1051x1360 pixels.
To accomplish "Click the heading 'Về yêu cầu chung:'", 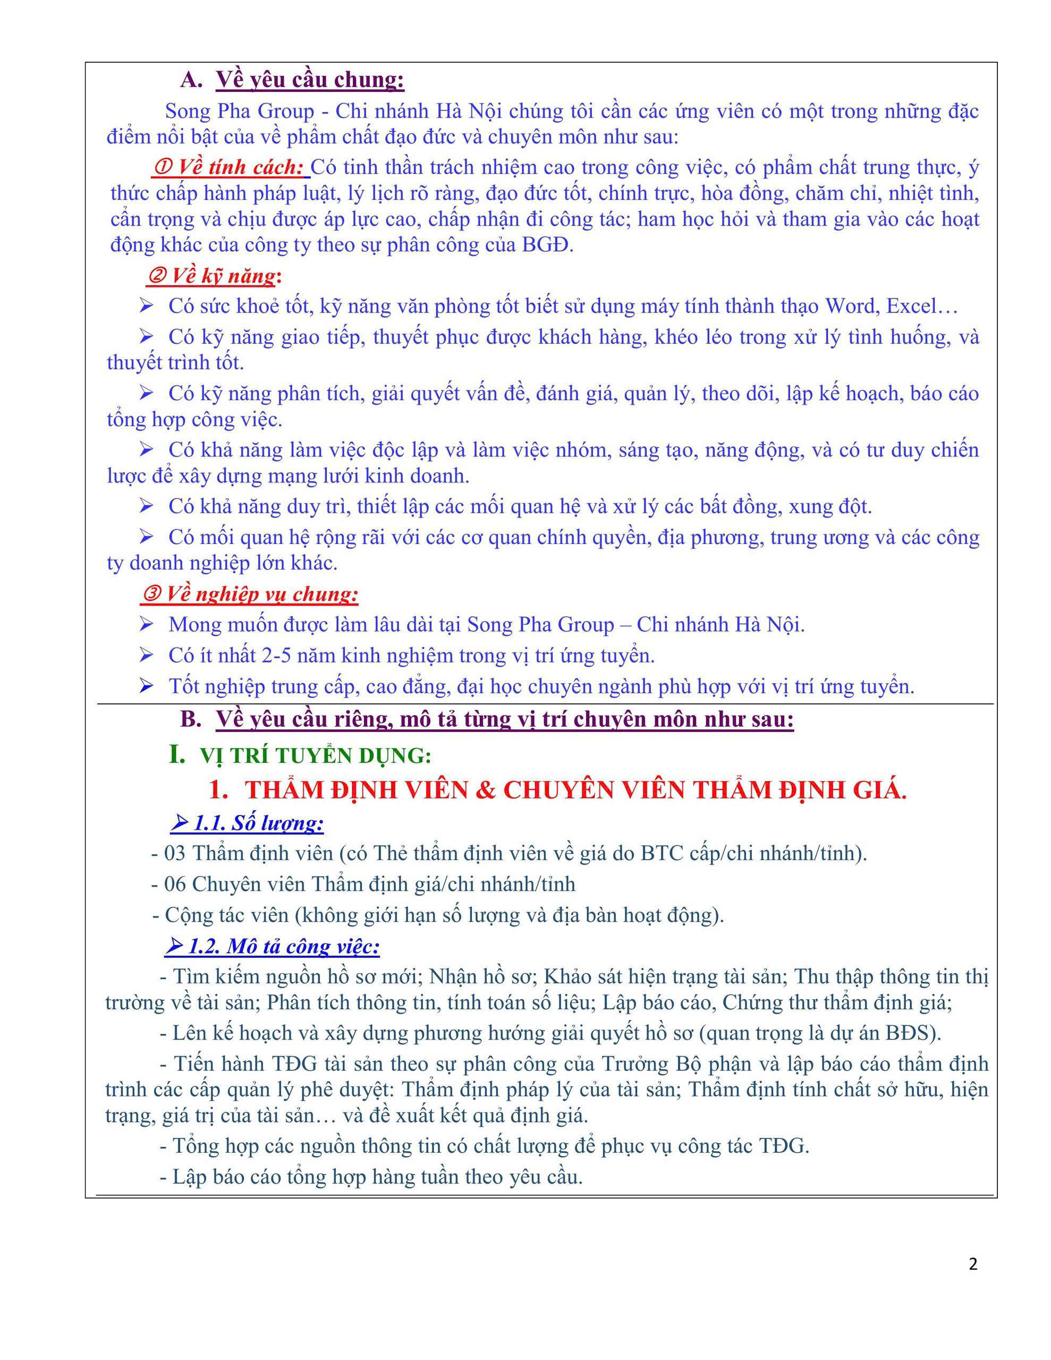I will tap(310, 80).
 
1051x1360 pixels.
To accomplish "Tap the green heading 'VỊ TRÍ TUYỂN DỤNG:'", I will tap(315, 755).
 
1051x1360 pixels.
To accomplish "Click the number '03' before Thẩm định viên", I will tap(174, 853).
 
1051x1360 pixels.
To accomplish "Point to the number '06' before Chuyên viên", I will tap(174, 883).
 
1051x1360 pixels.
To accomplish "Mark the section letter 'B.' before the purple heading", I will tap(191, 719).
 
